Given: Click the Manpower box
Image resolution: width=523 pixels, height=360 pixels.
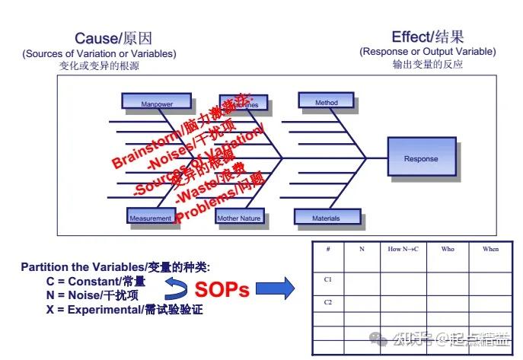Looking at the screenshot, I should point(156,103).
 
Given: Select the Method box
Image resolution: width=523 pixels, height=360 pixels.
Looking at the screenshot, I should point(326,101).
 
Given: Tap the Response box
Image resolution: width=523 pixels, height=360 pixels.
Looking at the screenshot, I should point(421,158).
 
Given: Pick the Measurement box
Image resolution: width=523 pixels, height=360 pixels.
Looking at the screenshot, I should point(151,217).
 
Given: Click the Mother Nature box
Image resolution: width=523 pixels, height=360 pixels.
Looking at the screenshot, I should point(239,217).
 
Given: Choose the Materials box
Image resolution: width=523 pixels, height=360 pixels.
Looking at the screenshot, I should point(326,217).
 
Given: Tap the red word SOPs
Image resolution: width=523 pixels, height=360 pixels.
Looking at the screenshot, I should point(222,290).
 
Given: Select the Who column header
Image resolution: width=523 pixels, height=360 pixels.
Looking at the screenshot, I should point(447,249).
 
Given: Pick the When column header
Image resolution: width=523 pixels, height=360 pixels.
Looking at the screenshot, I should point(490,249).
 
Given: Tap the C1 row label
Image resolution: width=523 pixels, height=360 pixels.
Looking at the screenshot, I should point(328,279).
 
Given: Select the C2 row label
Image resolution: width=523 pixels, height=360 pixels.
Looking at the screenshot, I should point(328,302).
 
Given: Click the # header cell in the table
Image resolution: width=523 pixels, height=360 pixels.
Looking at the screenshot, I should point(328,249).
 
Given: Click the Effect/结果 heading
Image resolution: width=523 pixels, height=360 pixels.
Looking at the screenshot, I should point(427,37).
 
